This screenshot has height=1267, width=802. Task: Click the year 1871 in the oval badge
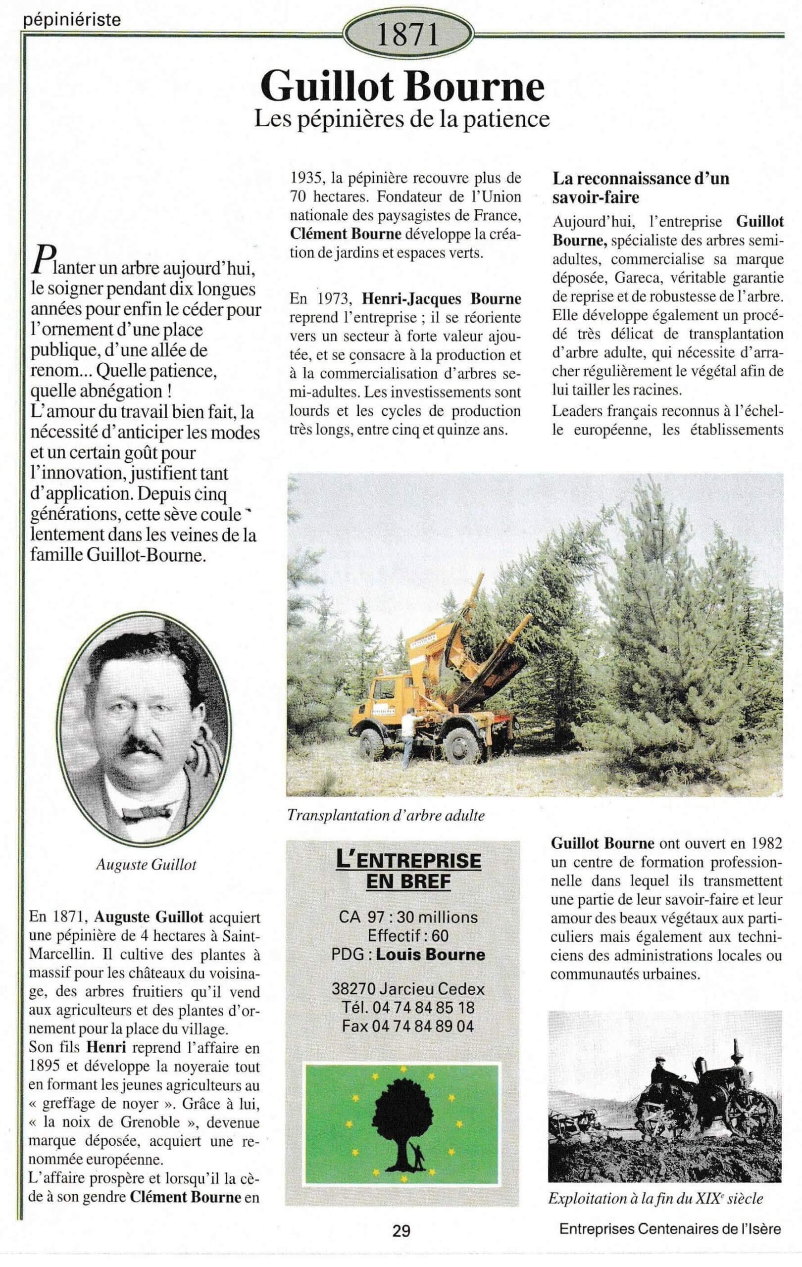pos(408,35)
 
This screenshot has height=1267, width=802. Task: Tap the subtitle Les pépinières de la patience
pos(402,119)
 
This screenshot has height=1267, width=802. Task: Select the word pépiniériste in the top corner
pos(73,20)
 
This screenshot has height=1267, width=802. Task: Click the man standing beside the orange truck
pos(408,736)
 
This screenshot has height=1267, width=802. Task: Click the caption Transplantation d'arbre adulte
pos(386,816)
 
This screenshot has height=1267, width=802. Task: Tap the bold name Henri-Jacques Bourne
pos(442,299)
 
